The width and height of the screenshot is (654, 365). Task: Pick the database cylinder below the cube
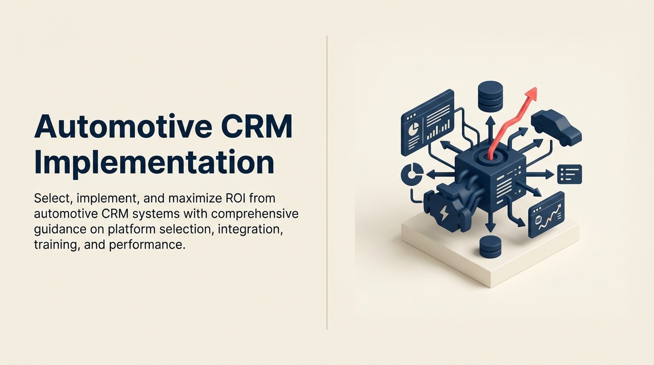(490, 246)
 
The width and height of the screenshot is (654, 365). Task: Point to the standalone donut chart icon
(411, 174)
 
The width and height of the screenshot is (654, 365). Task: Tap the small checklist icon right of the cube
(569, 174)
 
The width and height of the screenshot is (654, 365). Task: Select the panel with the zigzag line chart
(547, 215)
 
